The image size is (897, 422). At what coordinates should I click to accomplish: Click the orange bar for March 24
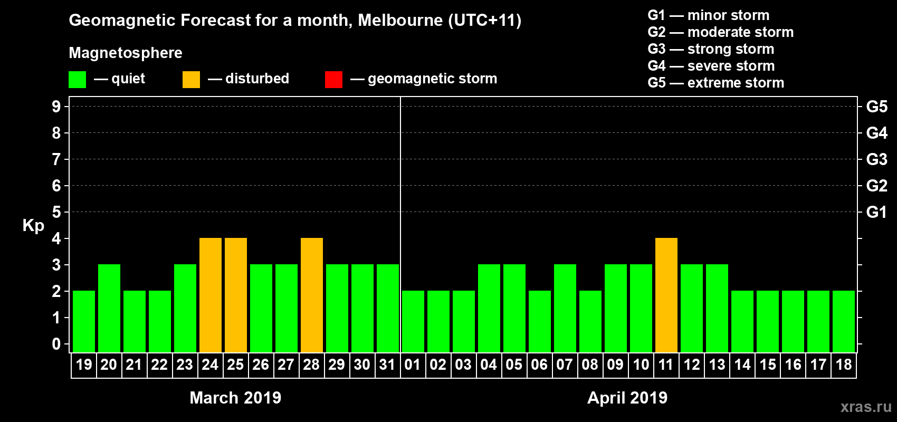211,295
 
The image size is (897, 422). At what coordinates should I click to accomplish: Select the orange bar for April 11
666,295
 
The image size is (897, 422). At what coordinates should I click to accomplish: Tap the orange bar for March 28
312,295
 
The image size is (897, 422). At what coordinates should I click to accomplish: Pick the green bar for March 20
109,308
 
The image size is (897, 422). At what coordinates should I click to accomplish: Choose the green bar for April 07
565,308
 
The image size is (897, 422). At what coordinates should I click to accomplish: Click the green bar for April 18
844,321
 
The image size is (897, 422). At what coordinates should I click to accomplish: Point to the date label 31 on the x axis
387,365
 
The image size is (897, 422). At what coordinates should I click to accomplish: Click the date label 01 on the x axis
413,365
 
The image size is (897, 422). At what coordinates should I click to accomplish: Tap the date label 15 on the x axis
768,365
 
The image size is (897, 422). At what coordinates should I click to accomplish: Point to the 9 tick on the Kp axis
56,107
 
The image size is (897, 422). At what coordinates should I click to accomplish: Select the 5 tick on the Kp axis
56,212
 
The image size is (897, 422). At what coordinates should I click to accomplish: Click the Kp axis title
33,226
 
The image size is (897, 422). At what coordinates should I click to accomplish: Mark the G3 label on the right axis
876,159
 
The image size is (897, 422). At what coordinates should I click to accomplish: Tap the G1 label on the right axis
876,212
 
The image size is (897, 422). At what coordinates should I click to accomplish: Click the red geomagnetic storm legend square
333,80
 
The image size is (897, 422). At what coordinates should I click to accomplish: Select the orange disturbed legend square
191,80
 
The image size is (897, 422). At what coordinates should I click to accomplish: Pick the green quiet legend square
78,80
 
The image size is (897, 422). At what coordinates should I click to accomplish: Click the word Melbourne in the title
400,20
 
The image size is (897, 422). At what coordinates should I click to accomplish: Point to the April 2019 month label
627,398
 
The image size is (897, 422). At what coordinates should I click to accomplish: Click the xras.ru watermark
866,407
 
